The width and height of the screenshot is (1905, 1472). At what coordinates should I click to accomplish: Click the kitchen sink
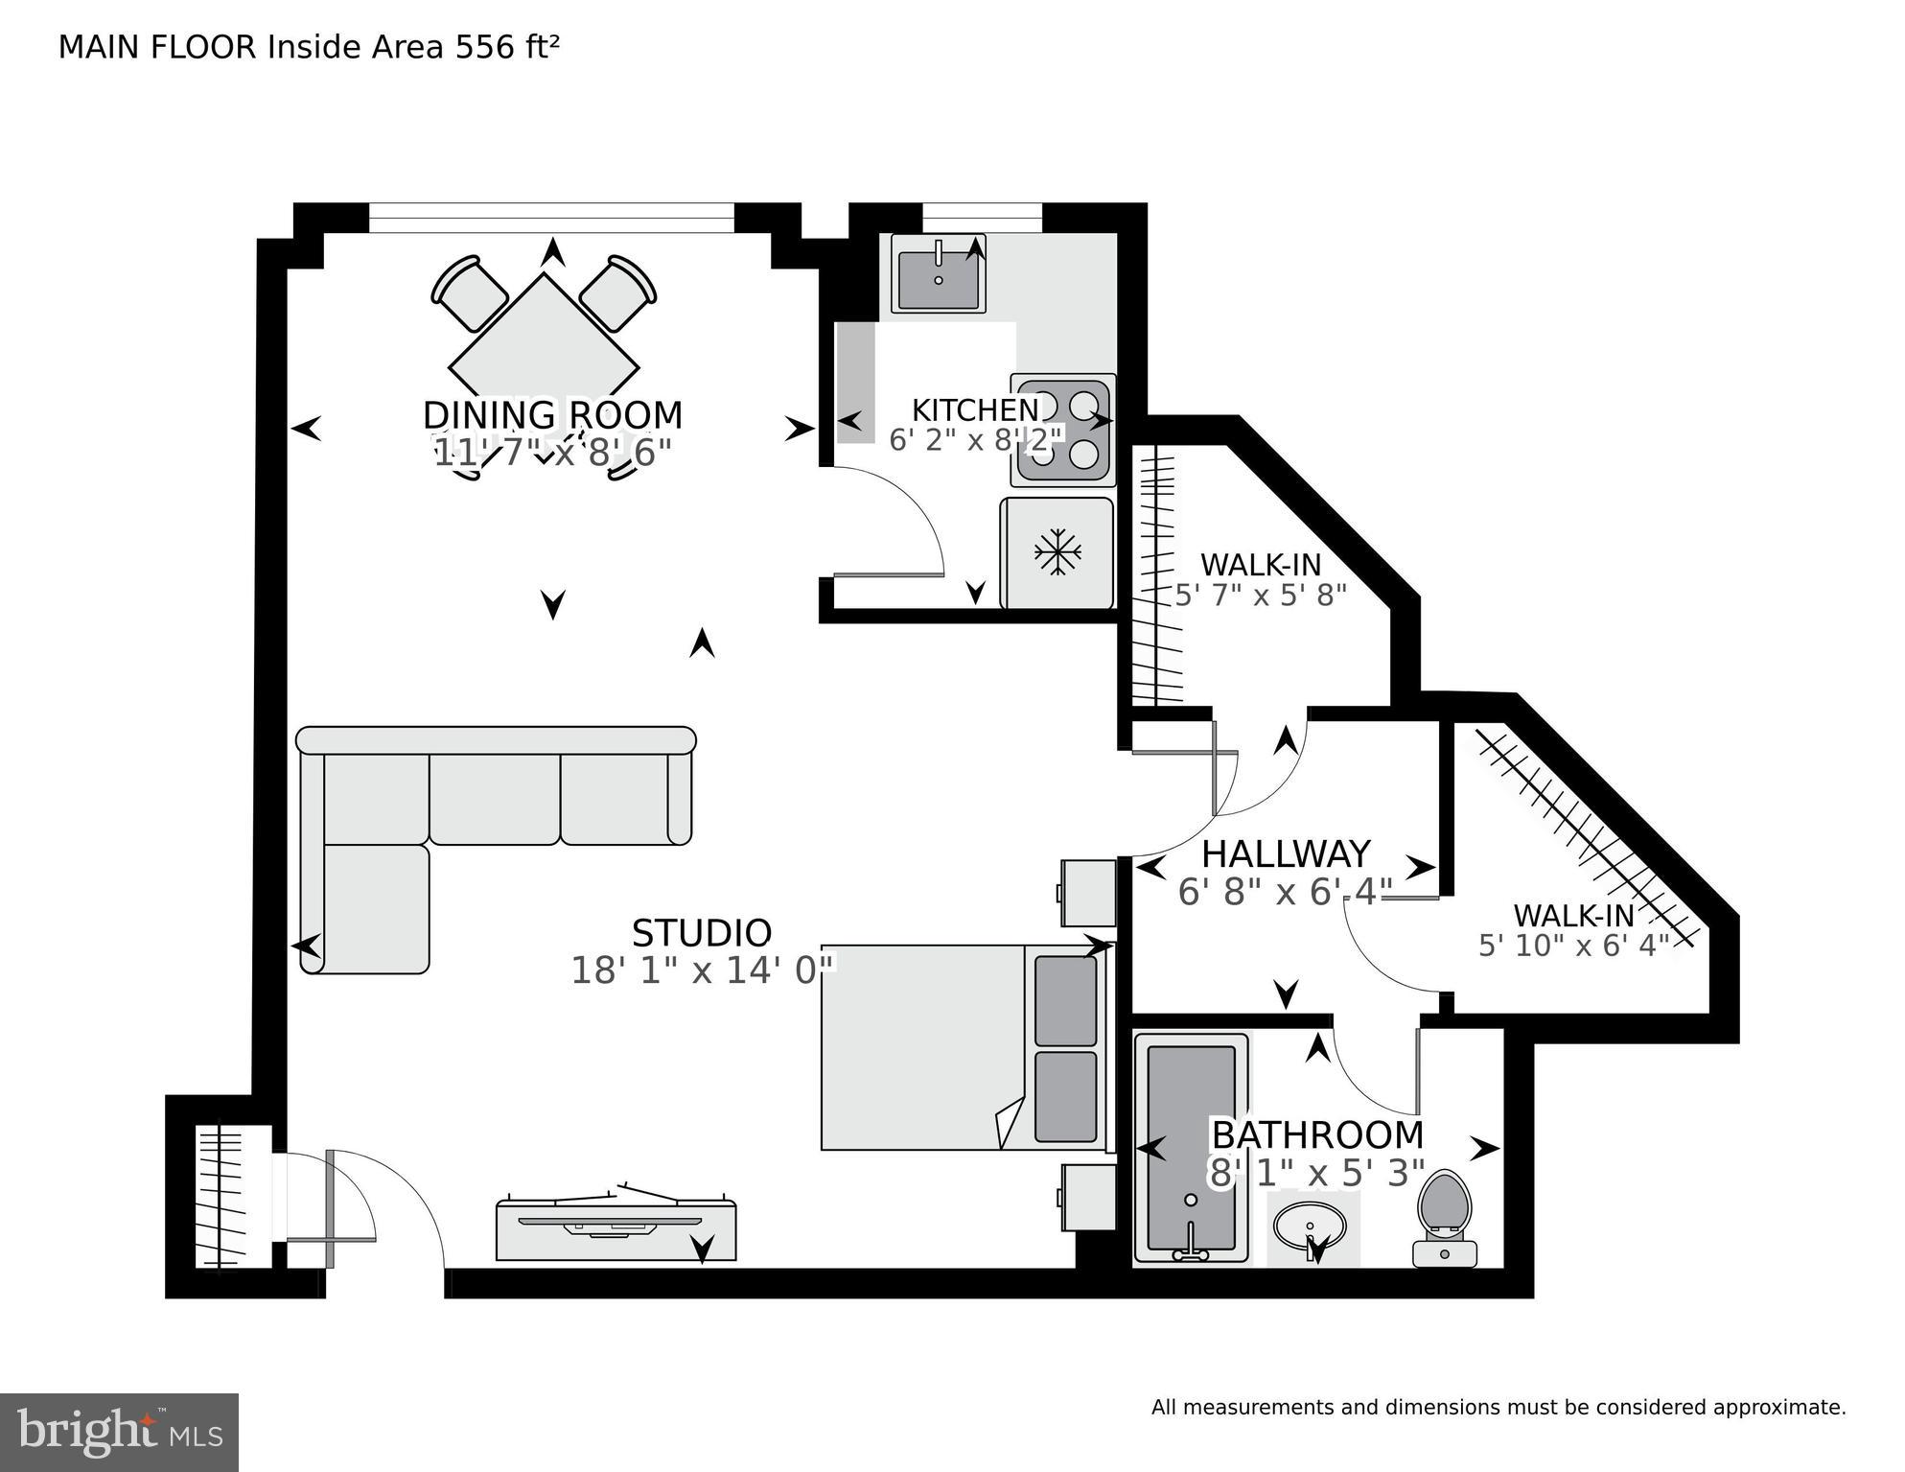938,273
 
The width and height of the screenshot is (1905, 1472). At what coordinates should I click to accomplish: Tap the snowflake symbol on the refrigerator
1057,552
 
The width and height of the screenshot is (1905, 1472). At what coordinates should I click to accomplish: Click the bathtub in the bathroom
1191,1148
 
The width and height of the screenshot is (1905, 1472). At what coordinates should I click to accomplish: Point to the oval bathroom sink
1310,1226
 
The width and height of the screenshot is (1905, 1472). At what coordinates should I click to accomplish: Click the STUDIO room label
701,933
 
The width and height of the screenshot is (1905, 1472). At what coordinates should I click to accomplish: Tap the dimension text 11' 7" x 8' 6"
552,453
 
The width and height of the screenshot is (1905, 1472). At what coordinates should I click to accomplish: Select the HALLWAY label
1285,853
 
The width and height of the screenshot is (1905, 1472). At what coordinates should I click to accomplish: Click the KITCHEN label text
974,410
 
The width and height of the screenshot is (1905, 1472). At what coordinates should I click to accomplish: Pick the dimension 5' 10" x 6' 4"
1573,946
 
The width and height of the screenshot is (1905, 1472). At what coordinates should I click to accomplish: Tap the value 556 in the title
484,47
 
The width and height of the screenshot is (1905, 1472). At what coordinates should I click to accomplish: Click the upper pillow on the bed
1065,1000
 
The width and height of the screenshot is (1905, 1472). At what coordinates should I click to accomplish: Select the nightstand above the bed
1088,893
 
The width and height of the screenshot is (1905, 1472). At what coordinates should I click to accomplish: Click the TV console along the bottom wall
616,1230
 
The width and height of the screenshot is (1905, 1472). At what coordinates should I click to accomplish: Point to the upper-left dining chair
469,292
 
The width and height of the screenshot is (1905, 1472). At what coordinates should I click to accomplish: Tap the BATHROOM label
1317,1135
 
